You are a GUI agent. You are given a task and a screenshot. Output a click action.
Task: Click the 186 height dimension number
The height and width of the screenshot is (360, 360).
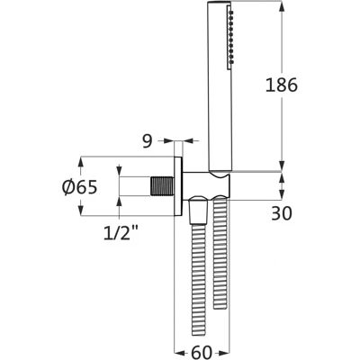coord(282,85)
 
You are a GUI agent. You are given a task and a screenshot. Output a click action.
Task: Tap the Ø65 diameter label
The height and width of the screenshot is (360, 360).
coord(79,188)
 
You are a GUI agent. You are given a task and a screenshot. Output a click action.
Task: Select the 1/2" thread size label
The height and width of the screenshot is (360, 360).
coord(121,232)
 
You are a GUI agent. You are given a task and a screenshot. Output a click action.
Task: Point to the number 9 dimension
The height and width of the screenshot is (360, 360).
coord(148,141)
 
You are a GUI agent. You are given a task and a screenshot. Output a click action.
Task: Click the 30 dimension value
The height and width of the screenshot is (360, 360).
coord(282,214)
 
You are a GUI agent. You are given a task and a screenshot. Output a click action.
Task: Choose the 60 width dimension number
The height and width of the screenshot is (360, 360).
coord(202,352)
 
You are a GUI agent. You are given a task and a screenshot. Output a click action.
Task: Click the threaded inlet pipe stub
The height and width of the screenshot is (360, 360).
coord(162,186)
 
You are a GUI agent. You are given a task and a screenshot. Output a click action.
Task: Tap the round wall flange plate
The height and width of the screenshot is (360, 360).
coord(178,186)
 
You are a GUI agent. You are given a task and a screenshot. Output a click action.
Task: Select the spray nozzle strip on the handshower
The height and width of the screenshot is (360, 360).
coord(230,36)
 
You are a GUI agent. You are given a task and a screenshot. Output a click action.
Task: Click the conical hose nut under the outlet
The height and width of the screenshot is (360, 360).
coord(197,210)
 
